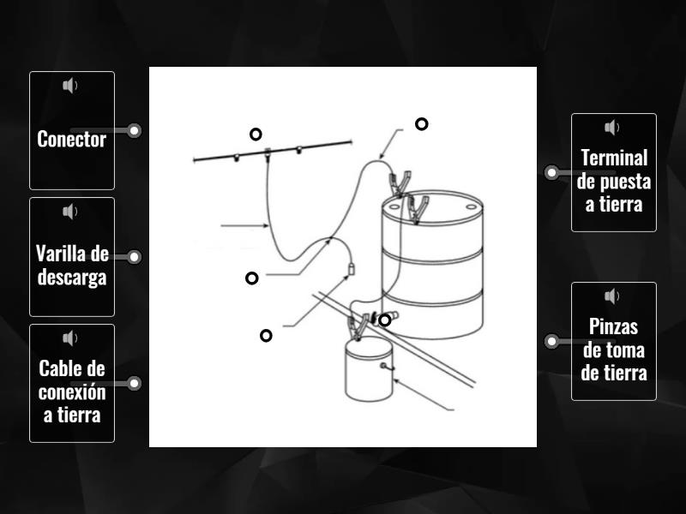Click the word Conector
point(72,139)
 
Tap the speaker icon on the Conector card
point(70,86)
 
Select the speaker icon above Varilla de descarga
point(70,212)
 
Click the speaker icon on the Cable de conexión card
point(70,338)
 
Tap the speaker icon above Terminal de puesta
point(612,128)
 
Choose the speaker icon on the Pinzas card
point(612,296)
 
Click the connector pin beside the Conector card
point(135,130)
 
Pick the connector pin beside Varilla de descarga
point(135,256)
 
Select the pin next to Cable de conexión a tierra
point(135,383)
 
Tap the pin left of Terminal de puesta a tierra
point(551,173)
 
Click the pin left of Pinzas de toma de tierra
point(551,341)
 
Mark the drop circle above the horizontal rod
point(256,134)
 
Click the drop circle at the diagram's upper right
point(421,124)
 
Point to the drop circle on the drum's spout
point(384,320)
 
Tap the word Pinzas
point(613,326)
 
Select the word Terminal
point(614,158)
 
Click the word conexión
point(72,392)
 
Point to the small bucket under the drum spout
point(369,368)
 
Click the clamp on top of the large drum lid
point(417,209)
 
